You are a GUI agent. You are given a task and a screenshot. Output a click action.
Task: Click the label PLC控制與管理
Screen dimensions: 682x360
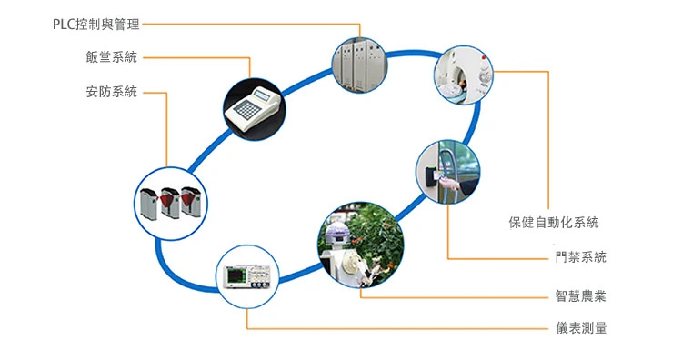96,25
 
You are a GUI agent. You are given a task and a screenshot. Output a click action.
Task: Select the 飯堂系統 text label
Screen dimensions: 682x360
111,57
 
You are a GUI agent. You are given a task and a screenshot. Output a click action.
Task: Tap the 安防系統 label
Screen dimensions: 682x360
111,92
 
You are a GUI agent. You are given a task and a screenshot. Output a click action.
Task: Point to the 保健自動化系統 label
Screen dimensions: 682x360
554,223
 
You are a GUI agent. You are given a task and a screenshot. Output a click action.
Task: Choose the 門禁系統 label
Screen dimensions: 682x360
581,257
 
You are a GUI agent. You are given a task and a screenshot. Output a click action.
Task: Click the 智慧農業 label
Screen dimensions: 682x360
581,296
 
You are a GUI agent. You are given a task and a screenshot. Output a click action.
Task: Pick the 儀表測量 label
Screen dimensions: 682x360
581,328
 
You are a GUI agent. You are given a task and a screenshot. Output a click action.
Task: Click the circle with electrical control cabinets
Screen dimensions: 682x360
359,65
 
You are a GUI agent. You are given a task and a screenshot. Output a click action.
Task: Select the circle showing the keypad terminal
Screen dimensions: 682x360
255,109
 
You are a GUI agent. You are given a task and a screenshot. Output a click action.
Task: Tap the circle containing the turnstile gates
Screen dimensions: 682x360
171,204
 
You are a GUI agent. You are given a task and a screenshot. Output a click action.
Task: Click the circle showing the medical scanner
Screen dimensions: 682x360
464,75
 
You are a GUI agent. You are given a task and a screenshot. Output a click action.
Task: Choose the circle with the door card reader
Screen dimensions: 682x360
448,172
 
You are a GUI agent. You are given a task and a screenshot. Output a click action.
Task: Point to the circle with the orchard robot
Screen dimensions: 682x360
361,245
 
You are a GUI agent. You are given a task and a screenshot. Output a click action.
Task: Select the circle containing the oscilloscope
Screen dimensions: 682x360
247,276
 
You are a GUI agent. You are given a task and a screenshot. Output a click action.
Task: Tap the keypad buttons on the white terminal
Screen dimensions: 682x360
246,109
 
